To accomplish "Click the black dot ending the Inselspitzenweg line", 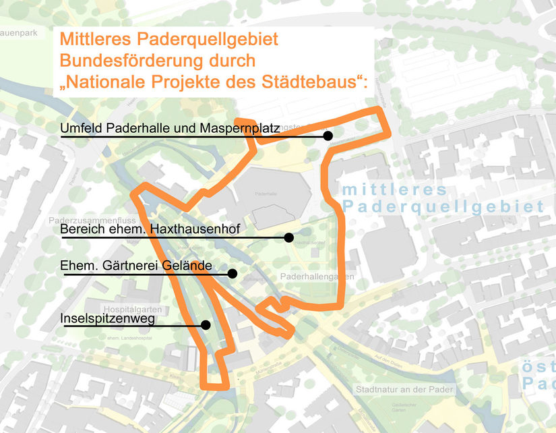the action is [x=206, y=324].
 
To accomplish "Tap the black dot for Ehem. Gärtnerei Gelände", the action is [x=232, y=274].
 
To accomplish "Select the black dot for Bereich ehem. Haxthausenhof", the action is [x=288, y=237].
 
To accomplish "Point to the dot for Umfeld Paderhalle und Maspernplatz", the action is [x=328, y=136].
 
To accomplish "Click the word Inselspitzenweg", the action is [x=108, y=318].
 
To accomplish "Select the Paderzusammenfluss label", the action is [x=92, y=221].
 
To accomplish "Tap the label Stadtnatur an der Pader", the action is [x=404, y=389].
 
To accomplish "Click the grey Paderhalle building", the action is [x=270, y=196].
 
